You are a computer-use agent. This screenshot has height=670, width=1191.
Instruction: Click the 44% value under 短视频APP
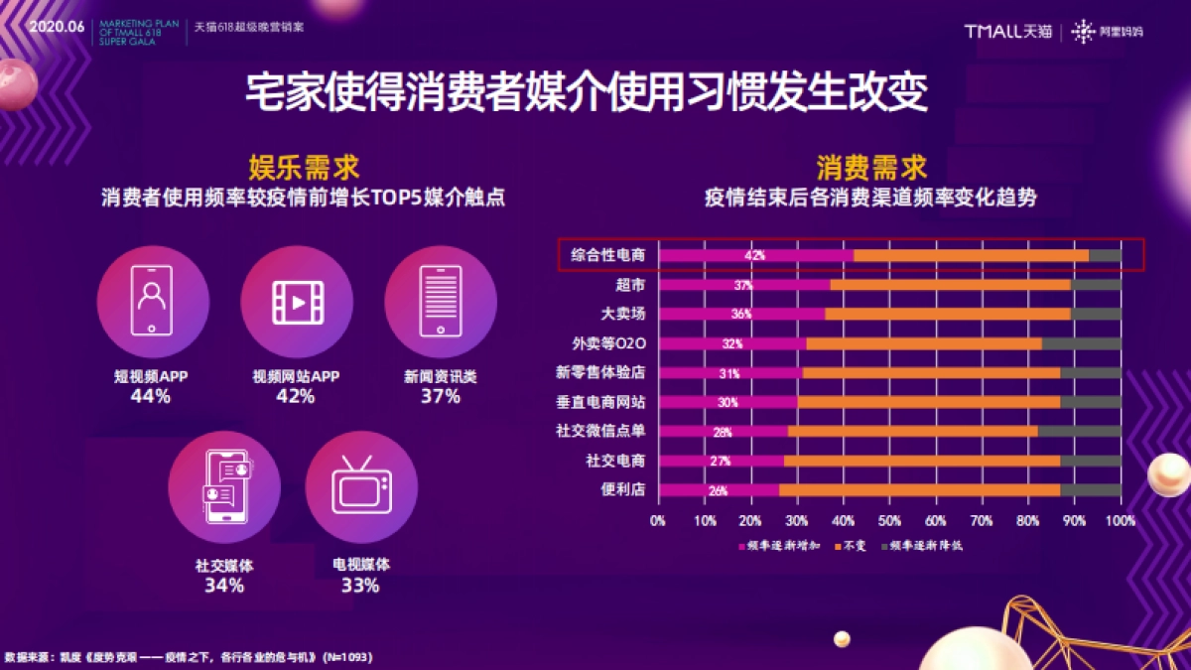pos(151,396)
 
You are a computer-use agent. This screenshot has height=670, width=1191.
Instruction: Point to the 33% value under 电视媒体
pos(360,585)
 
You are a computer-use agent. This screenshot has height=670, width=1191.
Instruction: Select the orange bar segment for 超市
pos(950,285)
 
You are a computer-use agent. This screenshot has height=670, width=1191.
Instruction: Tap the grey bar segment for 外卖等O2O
pos(1081,343)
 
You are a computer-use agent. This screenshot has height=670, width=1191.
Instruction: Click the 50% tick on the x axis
pos(889,520)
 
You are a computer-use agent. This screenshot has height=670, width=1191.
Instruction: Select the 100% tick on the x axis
pos(1121,520)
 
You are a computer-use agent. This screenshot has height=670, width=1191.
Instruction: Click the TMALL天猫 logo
pos(1007,31)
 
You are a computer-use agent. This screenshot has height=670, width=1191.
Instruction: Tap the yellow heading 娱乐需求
pos(303,167)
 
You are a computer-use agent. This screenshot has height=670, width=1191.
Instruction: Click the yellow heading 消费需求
pos(870,167)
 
